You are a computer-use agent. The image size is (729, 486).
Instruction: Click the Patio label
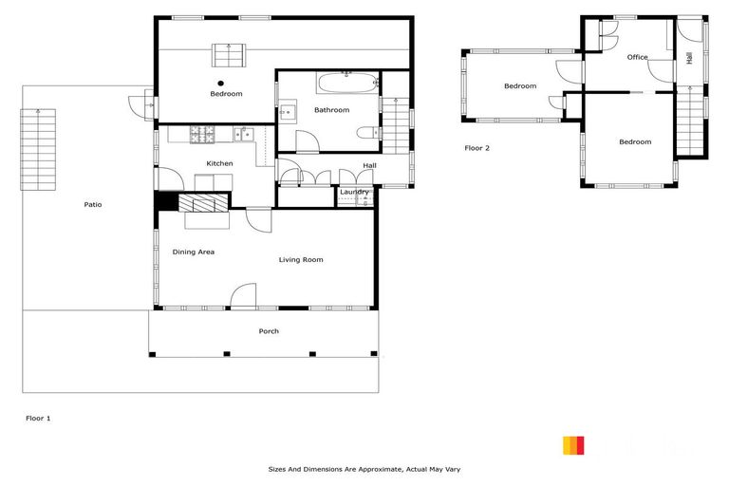click(92, 204)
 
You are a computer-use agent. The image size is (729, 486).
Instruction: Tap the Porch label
click(269, 331)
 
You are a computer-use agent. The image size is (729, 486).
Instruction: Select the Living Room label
click(301, 259)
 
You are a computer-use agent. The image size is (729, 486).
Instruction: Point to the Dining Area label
click(193, 252)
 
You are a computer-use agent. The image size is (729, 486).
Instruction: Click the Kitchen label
click(219, 163)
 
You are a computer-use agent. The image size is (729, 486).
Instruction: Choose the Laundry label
click(354, 193)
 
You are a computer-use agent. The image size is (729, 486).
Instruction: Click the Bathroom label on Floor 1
click(332, 110)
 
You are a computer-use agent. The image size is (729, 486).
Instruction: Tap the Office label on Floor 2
click(637, 57)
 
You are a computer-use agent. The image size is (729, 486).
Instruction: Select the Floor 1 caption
click(37, 417)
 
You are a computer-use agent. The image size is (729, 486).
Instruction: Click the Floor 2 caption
click(477, 148)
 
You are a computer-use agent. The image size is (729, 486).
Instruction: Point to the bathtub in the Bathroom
click(346, 83)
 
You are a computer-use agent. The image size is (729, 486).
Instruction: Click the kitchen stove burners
click(201, 135)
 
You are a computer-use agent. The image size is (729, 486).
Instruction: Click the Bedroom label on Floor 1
click(226, 93)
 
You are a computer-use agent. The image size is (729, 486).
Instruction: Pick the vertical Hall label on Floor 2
click(689, 57)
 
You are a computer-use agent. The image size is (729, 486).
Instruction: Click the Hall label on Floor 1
click(369, 166)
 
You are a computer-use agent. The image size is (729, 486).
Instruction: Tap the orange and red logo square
click(573, 445)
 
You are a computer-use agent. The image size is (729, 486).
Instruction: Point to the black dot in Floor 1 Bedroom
click(220, 83)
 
